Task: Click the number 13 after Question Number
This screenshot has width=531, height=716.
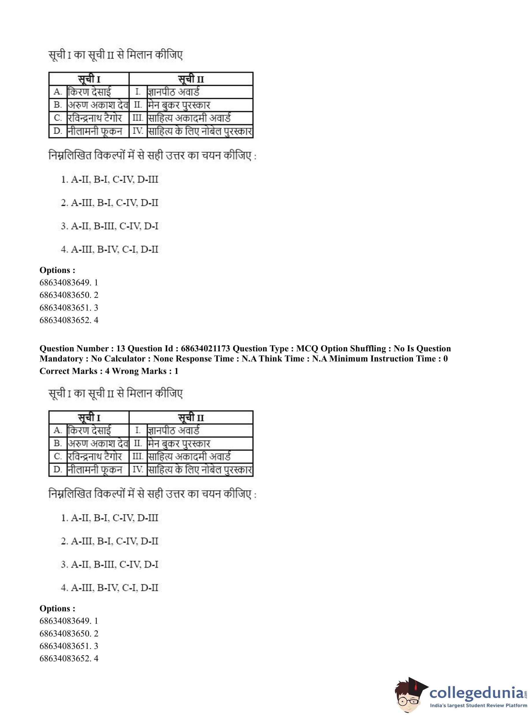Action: pyautogui.click(x=120, y=349)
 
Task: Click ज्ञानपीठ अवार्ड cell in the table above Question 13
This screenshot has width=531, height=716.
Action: pyautogui.click(x=174, y=92)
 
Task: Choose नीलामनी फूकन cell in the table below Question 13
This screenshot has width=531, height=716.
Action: pyautogui.click(x=95, y=470)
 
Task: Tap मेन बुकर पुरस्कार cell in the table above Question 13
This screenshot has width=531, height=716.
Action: pyautogui.click(x=179, y=105)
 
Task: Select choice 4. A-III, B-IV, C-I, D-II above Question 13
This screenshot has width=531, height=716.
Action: pyautogui.click(x=110, y=249)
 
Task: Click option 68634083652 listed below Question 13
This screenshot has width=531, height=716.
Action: pyautogui.click(x=69, y=658)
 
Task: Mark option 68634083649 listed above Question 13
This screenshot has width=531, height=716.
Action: pyautogui.click(x=69, y=283)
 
